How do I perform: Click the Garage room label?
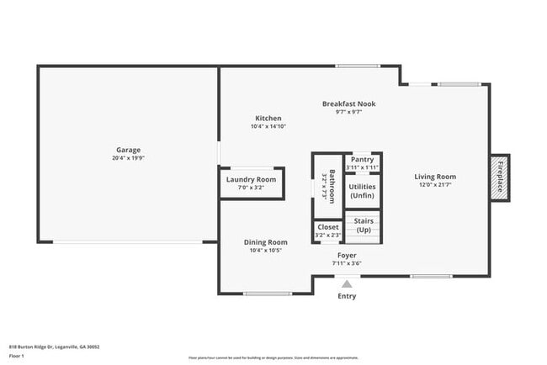coord(128,150)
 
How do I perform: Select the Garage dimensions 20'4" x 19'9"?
coord(128,158)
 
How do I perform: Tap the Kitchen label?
coord(268,118)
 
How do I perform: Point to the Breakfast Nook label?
coord(348,103)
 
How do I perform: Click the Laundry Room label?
coord(251,179)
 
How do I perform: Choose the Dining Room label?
coord(266,241)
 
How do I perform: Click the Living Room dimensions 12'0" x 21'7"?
coord(435,185)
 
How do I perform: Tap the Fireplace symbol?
coord(499,177)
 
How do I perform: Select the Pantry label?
coord(362,159)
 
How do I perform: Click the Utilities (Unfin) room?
coord(362,190)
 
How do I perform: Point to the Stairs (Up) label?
coord(364,225)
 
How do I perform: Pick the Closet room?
coord(327,230)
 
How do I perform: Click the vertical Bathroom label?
coord(332,186)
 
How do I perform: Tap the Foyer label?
coord(347,254)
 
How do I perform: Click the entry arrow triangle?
coord(347,284)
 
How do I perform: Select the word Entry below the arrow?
coord(347,296)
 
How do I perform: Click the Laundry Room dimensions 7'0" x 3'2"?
coord(251,188)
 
